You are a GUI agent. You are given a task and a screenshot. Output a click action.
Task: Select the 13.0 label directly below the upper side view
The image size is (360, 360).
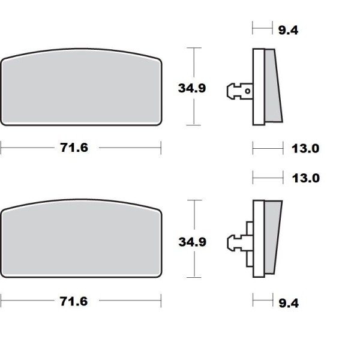tap(305, 149)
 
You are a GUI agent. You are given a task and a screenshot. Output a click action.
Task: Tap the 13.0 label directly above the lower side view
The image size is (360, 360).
tap(305, 178)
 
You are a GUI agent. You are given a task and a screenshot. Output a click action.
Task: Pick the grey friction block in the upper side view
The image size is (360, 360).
tap(273, 87)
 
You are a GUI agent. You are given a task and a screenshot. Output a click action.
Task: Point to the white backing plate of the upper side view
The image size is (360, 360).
tap(259, 87)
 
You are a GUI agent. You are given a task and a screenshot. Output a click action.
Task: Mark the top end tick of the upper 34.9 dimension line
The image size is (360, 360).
tap(192, 48)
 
